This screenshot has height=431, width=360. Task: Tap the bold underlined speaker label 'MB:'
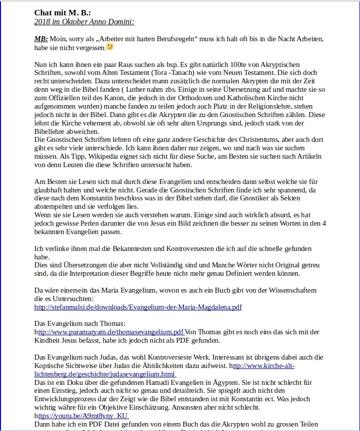(41, 39)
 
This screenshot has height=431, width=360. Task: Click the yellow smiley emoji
(110, 47)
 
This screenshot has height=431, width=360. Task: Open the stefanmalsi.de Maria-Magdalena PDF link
(138, 308)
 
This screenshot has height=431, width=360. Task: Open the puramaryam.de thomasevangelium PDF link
(111, 332)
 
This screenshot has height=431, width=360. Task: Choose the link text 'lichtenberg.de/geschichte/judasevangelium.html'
(105, 374)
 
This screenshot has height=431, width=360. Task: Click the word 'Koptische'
(50, 366)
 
